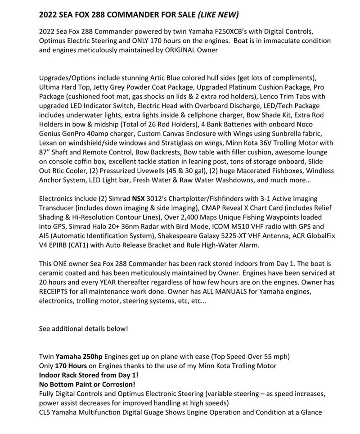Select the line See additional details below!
point(83,329)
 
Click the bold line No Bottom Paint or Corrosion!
point(87,384)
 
